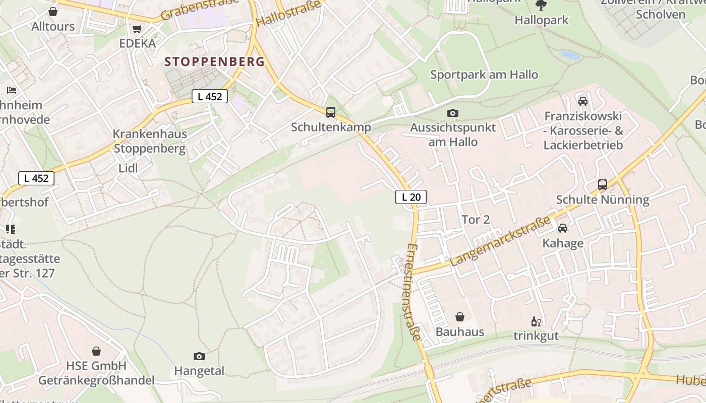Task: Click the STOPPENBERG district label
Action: [215, 62]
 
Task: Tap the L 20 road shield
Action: [411, 197]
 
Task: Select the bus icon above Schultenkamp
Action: [331, 112]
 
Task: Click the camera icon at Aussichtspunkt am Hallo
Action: [453, 113]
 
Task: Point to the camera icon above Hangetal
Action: [199, 356]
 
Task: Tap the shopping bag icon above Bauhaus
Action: [460, 317]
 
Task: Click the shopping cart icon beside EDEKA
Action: [137, 29]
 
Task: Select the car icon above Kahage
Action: [563, 228]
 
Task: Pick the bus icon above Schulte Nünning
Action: [603, 184]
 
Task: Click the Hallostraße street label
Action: [288, 14]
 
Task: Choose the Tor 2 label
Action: [476, 220]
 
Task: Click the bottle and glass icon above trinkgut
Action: [536, 321]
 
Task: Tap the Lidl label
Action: [128, 168]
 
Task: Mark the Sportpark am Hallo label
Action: [484, 75]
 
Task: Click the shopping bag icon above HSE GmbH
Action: [96, 351]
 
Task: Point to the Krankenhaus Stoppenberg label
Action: [150, 141]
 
